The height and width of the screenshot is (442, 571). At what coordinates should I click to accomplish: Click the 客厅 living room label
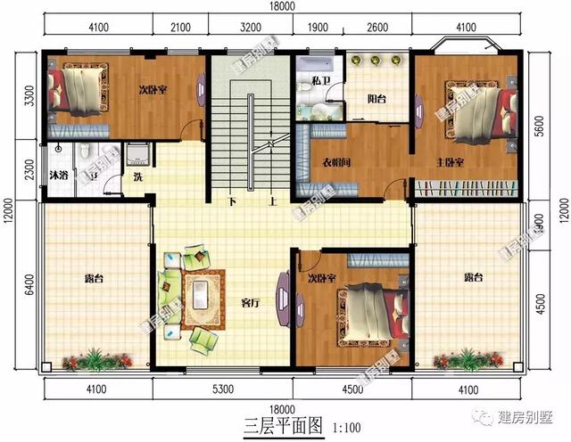point(251,302)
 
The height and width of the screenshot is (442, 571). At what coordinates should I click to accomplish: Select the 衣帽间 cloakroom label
point(335,163)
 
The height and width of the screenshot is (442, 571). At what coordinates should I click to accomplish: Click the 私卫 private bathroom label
point(321,81)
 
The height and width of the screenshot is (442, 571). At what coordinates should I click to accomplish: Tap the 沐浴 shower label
point(60,174)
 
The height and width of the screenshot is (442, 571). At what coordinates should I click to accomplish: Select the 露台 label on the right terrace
point(474,278)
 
